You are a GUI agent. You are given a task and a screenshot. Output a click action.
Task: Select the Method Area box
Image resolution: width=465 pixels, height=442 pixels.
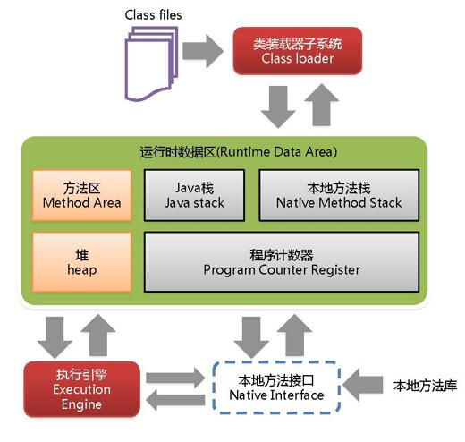tap(81, 195)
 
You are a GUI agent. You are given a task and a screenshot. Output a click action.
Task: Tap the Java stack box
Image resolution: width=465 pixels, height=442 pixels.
tap(196, 195)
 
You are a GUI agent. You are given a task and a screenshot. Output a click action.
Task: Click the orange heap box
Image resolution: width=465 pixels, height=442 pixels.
tap(81, 261)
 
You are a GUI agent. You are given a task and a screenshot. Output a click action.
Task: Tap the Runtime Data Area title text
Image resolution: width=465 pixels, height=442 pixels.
tap(239, 151)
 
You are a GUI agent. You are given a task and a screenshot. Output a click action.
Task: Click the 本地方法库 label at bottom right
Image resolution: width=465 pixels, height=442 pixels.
tap(425, 387)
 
